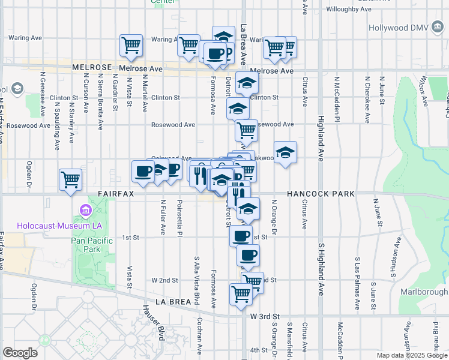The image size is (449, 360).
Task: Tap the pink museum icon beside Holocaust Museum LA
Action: click(x=83, y=211)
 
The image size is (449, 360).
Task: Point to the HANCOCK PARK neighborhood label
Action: click(x=321, y=194)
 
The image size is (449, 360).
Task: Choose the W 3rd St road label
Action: click(x=265, y=316)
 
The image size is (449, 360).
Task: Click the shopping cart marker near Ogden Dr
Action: click(x=71, y=179)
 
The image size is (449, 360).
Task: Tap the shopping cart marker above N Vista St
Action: click(x=131, y=44)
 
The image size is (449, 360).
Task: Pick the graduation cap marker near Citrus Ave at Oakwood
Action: click(x=286, y=152)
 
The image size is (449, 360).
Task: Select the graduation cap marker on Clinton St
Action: click(x=246, y=83)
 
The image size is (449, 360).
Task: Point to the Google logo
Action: click(x=20, y=353)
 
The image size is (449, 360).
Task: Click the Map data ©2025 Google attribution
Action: click(x=412, y=355)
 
